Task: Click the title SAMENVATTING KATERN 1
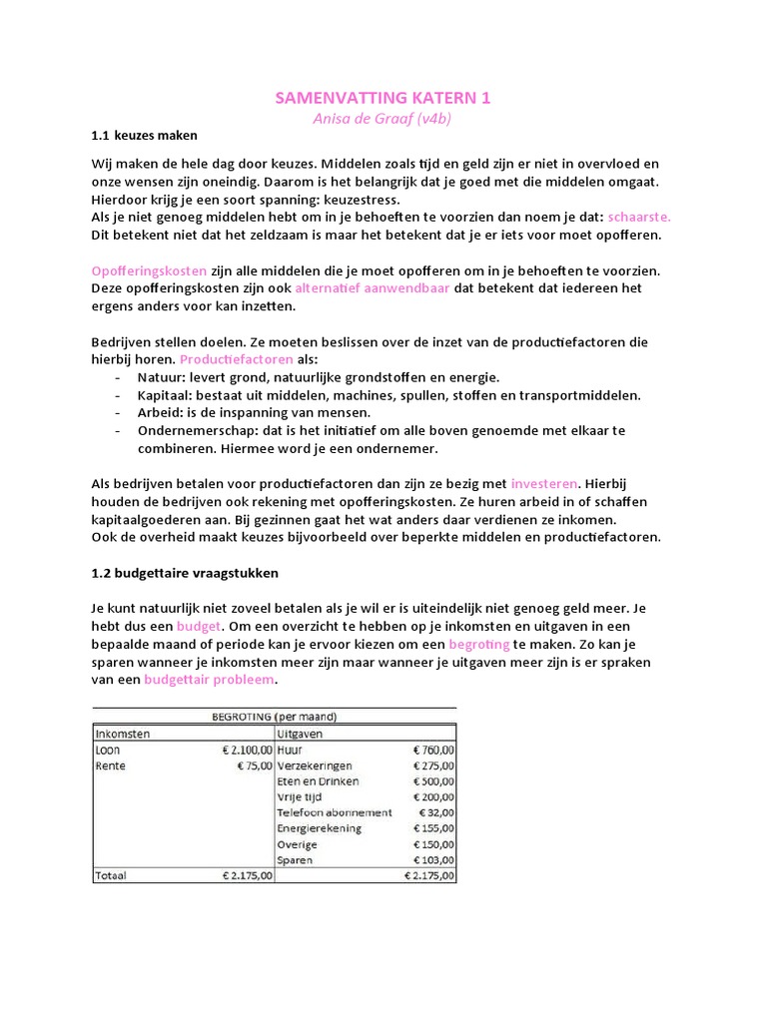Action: click(x=383, y=98)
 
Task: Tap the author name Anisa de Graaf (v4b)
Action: click(x=383, y=118)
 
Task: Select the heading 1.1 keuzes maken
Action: click(x=144, y=135)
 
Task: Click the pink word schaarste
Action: click(x=639, y=216)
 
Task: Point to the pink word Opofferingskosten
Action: click(x=150, y=270)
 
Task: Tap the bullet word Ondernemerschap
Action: click(x=192, y=431)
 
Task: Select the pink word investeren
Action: click(x=544, y=484)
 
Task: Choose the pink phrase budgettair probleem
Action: click(x=210, y=681)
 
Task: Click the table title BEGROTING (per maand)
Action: click(x=275, y=717)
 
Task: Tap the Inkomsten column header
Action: click(x=123, y=734)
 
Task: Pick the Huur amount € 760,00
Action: click(x=433, y=750)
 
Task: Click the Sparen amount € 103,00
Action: click(x=433, y=860)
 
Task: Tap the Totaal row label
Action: click(x=113, y=876)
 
